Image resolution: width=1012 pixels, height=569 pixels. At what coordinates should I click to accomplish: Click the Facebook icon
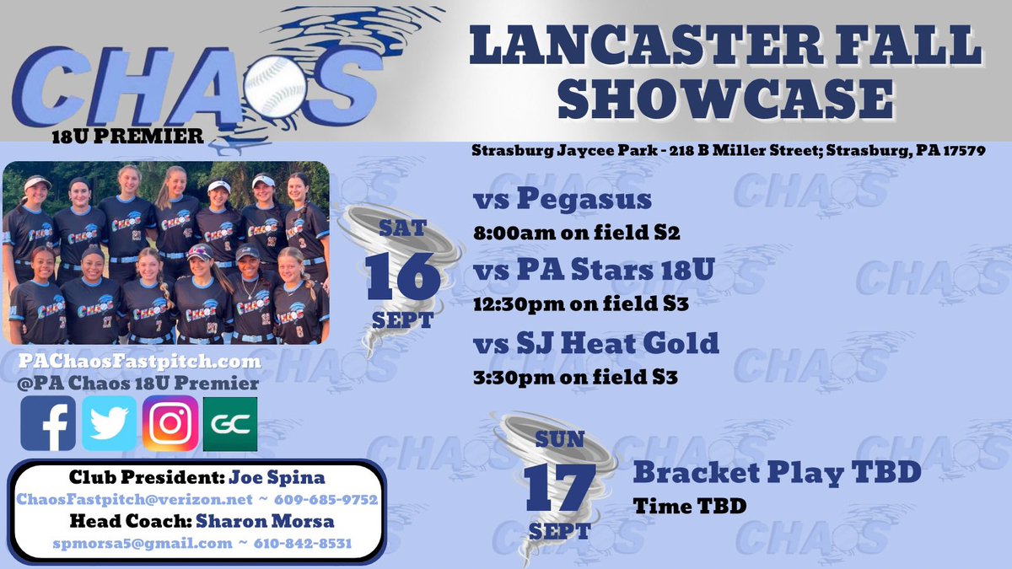click(x=48, y=424)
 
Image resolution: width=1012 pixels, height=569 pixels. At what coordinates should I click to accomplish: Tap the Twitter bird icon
click(x=109, y=424)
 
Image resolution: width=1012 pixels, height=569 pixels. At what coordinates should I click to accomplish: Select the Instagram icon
click(x=170, y=424)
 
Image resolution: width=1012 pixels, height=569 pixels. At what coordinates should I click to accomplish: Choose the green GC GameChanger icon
click(x=230, y=424)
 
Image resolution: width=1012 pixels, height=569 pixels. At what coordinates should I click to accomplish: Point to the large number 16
click(x=403, y=276)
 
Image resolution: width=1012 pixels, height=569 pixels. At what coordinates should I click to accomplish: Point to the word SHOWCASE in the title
click(x=725, y=100)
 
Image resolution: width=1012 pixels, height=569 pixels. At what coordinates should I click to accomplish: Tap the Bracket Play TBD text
click(x=776, y=473)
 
